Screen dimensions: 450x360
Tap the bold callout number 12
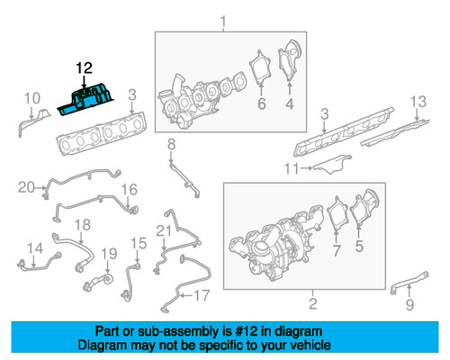[x=84, y=68]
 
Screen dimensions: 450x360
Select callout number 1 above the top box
[x=223, y=22]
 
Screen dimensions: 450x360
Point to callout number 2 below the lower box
[x=313, y=303]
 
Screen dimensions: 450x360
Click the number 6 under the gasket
[x=262, y=103]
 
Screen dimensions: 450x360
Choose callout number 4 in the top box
[x=289, y=103]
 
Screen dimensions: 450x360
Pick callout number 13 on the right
[x=418, y=102]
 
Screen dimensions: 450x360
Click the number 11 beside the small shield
[x=292, y=168]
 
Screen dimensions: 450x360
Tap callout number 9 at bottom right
[x=409, y=304]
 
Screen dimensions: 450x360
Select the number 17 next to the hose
[x=202, y=295]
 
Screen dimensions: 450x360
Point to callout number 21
[x=164, y=231]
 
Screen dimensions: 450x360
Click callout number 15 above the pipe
[x=139, y=244]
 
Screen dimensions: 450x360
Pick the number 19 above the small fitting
[x=109, y=254]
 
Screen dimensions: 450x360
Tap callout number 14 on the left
[x=35, y=248]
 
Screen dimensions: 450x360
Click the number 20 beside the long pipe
[x=26, y=187]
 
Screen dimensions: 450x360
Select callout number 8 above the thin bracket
[x=171, y=144]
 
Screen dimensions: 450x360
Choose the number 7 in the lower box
[x=337, y=250]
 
